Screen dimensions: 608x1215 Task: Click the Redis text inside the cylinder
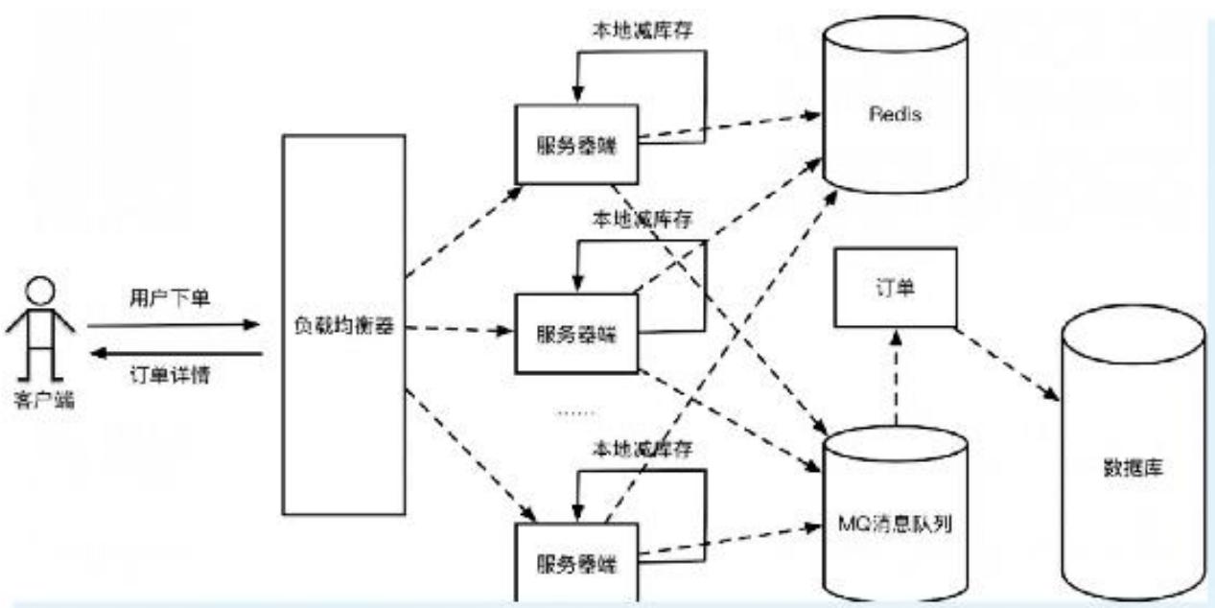click(x=896, y=115)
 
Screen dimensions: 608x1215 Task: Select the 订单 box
click(x=893, y=287)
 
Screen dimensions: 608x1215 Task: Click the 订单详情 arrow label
click(x=169, y=375)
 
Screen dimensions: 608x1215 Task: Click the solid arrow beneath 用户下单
click(x=173, y=325)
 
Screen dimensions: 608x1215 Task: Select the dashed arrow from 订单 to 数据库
click(x=1007, y=363)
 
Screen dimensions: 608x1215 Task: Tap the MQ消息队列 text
click(x=894, y=526)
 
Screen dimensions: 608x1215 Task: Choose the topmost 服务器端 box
click(x=575, y=145)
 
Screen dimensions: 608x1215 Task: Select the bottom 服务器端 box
click(x=575, y=562)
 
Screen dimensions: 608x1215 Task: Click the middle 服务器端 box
click(x=575, y=333)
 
